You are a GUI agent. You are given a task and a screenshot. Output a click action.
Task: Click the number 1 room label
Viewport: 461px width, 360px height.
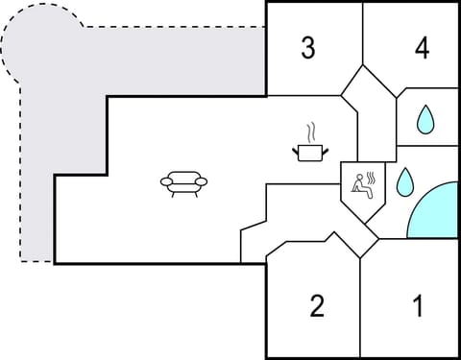point(418,307)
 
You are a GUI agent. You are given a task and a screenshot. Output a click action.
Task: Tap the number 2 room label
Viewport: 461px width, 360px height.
point(317,307)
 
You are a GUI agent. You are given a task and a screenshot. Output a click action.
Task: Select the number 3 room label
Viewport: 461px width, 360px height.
point(307,48)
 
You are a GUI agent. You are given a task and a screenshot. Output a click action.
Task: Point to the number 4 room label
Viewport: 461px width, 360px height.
point(422,48)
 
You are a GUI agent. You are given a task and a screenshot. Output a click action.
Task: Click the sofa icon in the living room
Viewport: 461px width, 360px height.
point(182,182)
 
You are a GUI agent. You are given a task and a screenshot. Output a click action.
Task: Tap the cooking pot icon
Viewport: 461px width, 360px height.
point(309,152)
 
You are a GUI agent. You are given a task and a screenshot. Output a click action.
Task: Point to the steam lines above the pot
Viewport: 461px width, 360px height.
point(309,131)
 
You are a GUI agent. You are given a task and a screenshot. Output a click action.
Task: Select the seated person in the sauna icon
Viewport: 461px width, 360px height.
point(360,184)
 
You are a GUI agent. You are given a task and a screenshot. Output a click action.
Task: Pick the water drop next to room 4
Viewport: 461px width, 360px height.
point(424,120)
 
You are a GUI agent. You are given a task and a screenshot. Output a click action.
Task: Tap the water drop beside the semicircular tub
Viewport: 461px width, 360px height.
point(405,180)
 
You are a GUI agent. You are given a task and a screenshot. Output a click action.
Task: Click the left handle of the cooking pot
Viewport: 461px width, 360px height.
point(296,149)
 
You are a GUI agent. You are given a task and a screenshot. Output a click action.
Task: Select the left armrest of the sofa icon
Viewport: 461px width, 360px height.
point(165,180)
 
